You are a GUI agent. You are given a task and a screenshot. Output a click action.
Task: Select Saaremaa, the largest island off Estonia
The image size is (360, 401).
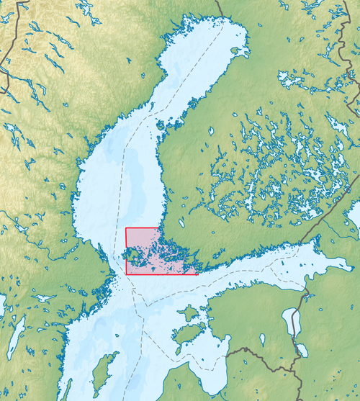point(186,333)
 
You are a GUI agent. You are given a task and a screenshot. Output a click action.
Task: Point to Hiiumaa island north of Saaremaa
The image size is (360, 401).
point(189,312)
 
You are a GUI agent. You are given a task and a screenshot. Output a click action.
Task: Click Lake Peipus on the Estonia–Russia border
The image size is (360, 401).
point(292,322)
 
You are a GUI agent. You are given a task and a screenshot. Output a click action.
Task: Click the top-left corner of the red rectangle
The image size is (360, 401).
point(126,228)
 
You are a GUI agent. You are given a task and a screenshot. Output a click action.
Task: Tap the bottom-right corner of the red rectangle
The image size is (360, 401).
point(198,274)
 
